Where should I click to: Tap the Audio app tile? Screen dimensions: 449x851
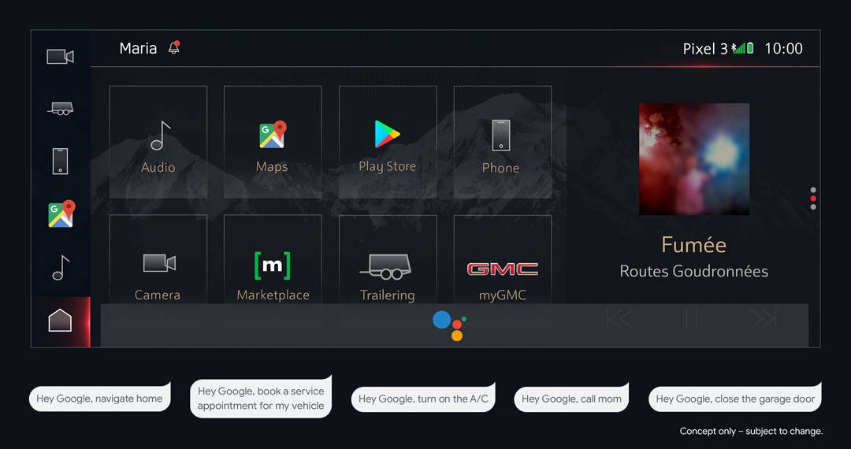(158, 143)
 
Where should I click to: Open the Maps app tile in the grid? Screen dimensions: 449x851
(273, 143)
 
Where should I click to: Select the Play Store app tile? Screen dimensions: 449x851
(387, 143)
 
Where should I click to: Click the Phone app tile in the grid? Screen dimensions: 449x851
(502, 143)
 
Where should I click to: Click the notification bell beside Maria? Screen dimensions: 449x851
(174, 48)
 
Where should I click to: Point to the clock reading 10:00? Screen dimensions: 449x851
(783, 49)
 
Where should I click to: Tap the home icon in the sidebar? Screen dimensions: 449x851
(60, 321)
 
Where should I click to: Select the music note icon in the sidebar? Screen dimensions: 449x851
(60, 268)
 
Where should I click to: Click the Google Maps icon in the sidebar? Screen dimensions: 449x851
(61, 214)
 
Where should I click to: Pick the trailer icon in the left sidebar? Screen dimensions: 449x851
(60, 109)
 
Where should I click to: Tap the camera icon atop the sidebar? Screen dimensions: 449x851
(60, 57)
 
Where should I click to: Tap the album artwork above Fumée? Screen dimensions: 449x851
(693, 159)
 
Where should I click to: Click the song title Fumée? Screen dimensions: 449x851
(693, 245)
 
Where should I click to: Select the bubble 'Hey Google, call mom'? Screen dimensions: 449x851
(571, 399)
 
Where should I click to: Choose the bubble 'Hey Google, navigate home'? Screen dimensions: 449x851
(99, 399)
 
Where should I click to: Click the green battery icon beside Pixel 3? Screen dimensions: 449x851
(750, 48)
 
